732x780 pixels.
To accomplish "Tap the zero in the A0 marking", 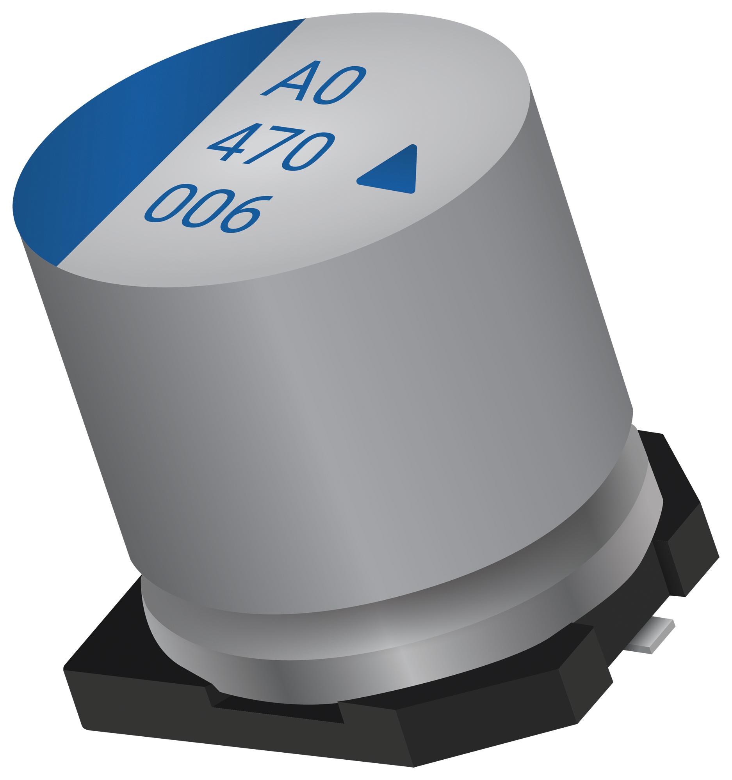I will click(x=340, y=86).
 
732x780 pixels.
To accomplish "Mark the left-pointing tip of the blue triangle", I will click(x=358, y=181).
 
